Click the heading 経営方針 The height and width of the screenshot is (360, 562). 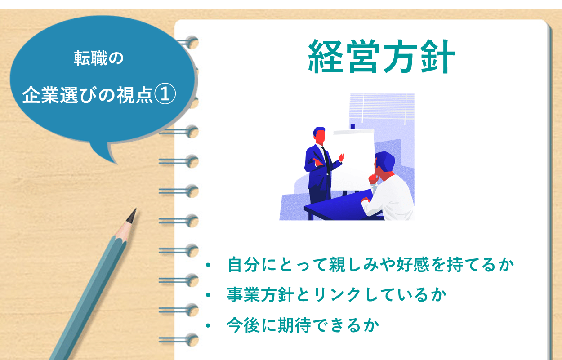click(x=381, y=57)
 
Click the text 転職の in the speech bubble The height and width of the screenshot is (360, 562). click(x=98, y=58)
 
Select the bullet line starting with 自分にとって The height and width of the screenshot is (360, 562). click(x=370, y=264)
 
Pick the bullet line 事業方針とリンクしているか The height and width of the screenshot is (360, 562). click(x=336, y=294)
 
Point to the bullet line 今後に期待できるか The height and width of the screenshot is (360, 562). click(x=303, y=325)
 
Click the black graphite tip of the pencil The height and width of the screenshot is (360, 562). click(x=132, y=215)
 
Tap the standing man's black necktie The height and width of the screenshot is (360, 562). click(x=326, y=160)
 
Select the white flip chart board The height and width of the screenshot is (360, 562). click(x=354, y=160)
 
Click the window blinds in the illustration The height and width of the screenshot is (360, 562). click(x=382, y=106)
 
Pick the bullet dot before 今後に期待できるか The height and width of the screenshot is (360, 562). click(x=208, y=325)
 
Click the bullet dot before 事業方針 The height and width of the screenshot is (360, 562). click(x=208, y=295)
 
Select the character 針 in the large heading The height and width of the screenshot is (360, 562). click(x=437, y=57)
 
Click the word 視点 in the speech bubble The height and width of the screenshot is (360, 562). click(x=135, y=95)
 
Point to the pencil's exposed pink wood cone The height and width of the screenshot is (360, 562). click(x=125, y=230)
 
